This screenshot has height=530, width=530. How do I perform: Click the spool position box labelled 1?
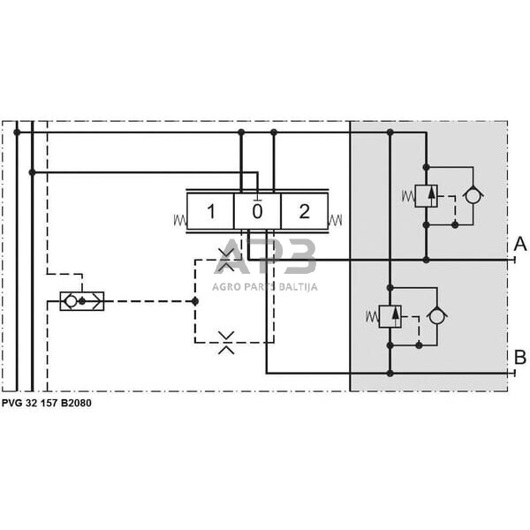click(x=210, y=211)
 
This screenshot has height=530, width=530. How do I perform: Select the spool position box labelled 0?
click(x=257, y=211)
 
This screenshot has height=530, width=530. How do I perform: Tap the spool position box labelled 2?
click(x=304, y=211)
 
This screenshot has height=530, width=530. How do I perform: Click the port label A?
click(x=520, y=244)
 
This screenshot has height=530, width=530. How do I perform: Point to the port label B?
click(x=520, y=357)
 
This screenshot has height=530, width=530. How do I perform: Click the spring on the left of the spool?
click(x=180, y=220)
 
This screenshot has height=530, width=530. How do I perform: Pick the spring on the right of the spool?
click(x=335, y=220)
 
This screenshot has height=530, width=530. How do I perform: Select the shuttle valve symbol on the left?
click(x=82, y=301)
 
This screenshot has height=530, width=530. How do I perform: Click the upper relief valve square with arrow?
click(x=427, y=196)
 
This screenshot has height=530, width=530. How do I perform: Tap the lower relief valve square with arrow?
click(x=390, y=316)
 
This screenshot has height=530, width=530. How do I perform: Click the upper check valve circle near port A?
click(x=473, y=195)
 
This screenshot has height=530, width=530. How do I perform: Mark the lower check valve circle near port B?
click(x=436, y=316)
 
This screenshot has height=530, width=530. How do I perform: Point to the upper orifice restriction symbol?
click(x=226, y=260)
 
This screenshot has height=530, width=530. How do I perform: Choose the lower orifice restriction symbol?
click(x=226, y=343)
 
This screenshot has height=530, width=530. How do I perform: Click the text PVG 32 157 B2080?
click(x=47, y=403)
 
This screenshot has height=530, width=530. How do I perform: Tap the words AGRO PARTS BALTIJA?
click(x=265, y=287)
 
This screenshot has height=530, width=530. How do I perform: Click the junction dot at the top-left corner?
click(x=17, y=132)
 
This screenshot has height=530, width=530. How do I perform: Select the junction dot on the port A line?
click(x=427, y=260)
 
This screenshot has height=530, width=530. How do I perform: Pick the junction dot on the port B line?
click(x=390, y=374)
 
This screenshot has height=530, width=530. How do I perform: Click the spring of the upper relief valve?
click(x=408, y=196)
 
